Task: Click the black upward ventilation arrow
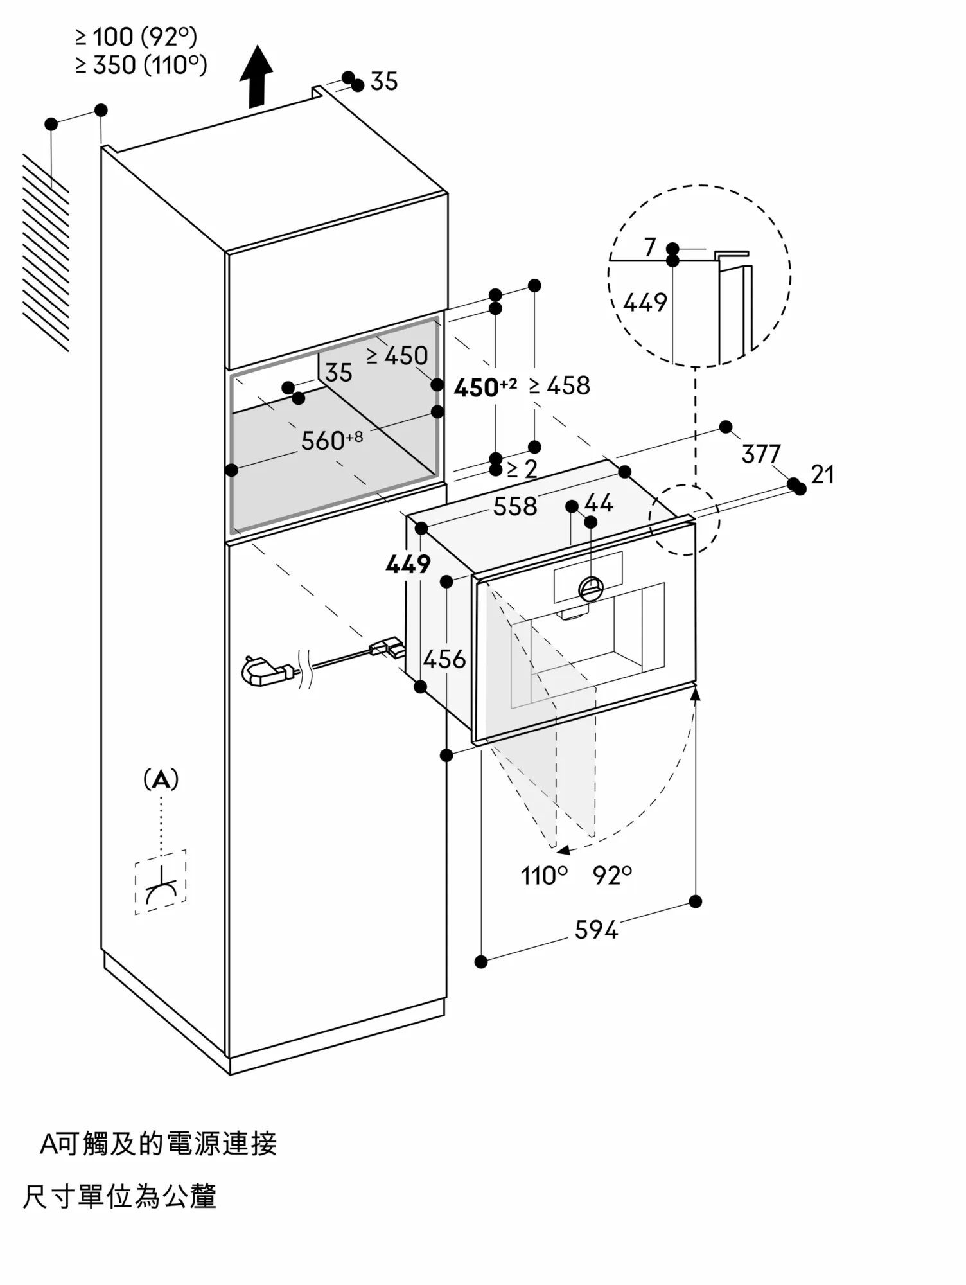pos(256,76)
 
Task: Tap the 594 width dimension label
pos(596,930)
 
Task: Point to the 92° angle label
pos(613,875)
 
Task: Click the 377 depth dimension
pos(761,454)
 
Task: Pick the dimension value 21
pos(822,475)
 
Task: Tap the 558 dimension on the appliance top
pos(515,506)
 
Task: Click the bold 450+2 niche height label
pos(485,387)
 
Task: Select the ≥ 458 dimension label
pos(559,385)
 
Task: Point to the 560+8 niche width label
pos(332,440)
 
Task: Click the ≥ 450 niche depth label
pos(397,355)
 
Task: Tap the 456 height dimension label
pos(444,659)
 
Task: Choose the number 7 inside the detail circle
pos(650,247)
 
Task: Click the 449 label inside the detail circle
pos(645,302)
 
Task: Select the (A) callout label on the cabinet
pos(161,780)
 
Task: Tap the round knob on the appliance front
pos(591,589)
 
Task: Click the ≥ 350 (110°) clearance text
pos(141,65)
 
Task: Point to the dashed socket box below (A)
pos(161,882)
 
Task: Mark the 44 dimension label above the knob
pos(599,502)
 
